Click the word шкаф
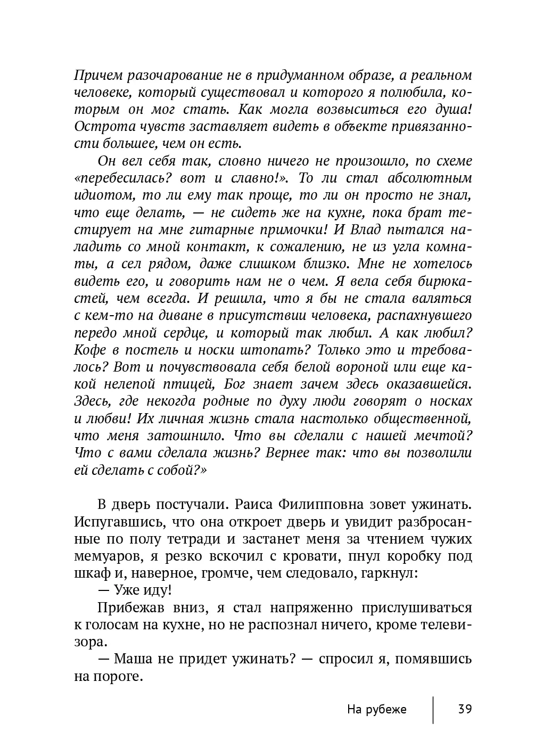point(87,573)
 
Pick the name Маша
point(133,659)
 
